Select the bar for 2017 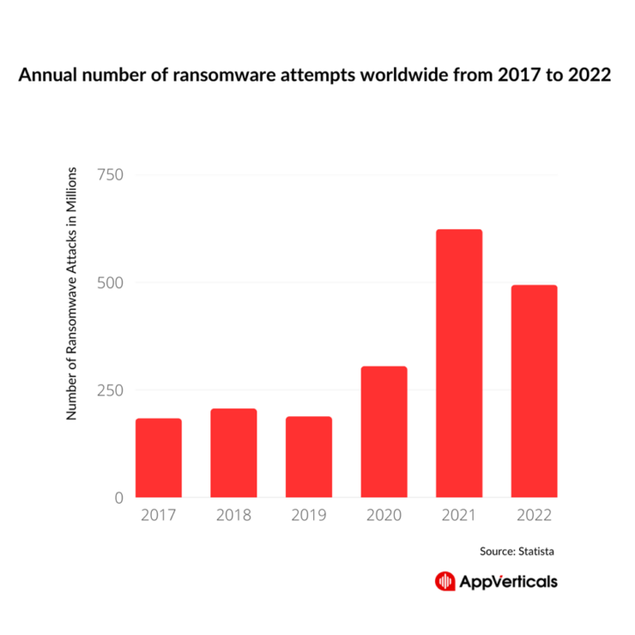coord(159,457)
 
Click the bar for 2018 coord(233,452)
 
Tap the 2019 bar coord(309,457)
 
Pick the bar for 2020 coord(384,432)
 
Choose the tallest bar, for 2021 coord(459,363)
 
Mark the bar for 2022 coord(534,390)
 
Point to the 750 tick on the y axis coord(109,175)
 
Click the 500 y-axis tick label coord(109,282)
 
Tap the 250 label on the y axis coord(109,390)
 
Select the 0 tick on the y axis coord(118,498)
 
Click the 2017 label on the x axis coord(159,517)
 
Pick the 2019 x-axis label coord(309,517)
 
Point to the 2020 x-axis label coord(384,517)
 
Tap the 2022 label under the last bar coord(534,517)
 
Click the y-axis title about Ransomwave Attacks coord(73,292)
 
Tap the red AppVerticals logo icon coord(444,581)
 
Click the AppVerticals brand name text coord(507,581)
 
